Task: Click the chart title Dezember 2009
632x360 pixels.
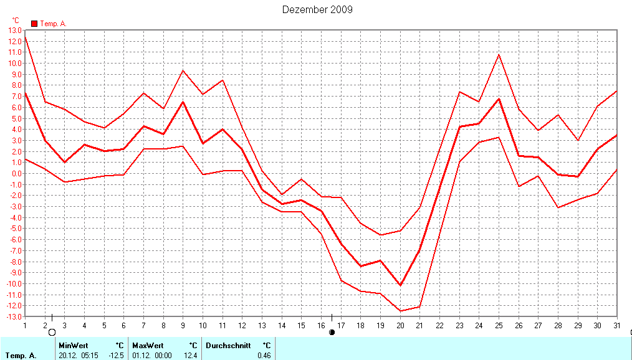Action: pos(317,9)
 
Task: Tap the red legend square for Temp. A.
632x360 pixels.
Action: pos(34,24)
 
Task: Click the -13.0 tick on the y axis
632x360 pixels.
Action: pos(13,316)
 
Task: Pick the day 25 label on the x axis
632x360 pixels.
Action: pos(499,325)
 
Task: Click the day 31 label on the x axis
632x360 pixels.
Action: pos(617,325)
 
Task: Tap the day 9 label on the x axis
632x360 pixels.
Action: pos(183,325)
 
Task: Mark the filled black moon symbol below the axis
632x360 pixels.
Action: pos(332,333)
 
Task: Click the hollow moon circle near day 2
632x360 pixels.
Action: pos(52,333)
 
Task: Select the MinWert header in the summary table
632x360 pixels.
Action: pos(73,345)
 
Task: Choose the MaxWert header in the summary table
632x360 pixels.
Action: pos(147,345)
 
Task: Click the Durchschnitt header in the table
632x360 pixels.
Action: pos(228,345)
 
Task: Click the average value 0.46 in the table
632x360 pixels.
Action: pos(264,356)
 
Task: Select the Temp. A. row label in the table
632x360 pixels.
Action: pos(21,356)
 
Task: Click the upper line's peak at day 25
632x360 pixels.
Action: pos(499,54)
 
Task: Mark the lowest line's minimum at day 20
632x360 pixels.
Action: pos(400,311)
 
